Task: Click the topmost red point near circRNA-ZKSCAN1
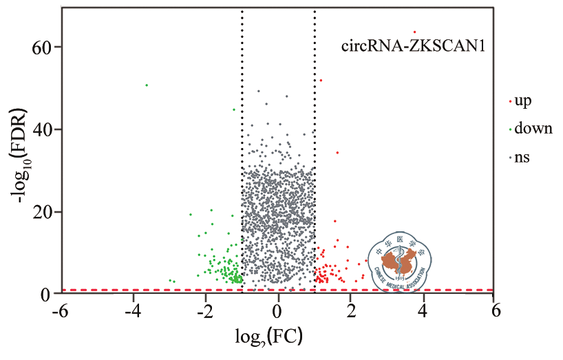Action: tap(414, 32)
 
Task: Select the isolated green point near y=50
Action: tap(147, 85)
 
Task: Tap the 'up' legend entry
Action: tap(522, 100)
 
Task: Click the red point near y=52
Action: tap(320, 81)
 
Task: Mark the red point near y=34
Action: tap(337, 153)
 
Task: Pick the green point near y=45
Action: tap(234, 109)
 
